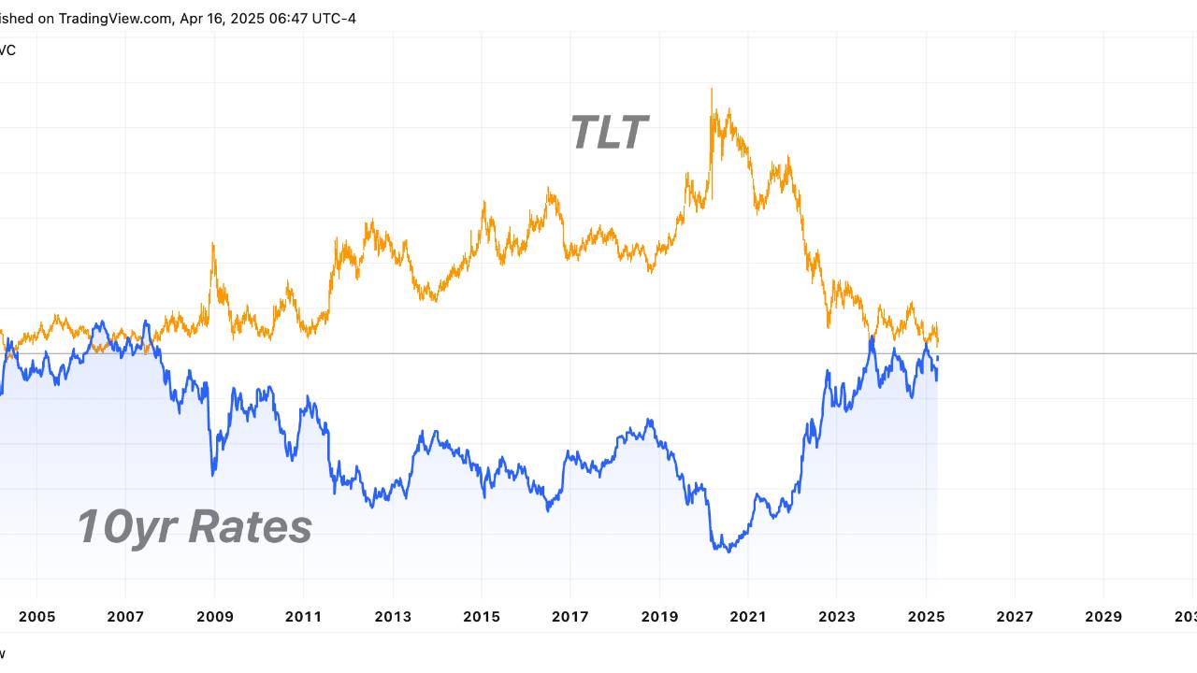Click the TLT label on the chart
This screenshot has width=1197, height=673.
pos(609,133)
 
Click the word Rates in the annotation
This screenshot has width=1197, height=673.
pos(250,527)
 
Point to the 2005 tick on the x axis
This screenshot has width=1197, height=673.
pos(36,617)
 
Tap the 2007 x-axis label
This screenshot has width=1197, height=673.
pos(125,617)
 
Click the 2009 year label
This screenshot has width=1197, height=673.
pos(214,617)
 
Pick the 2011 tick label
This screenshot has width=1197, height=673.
pos(303,617)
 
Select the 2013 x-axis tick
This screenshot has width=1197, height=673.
pos(392,617)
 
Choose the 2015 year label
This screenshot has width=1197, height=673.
pos(481,617)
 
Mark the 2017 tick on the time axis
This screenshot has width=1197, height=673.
pos(570,617)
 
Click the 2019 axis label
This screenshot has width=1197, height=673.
pos(658,617)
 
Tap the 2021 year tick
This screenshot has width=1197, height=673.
pos(747,617)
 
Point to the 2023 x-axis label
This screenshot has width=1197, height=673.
pos(836,617)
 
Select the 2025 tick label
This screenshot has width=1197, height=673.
pos(925,617)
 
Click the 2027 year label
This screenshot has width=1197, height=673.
pos(1015,617)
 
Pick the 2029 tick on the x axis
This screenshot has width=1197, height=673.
pos(1103,617)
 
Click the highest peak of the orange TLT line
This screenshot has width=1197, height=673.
pos(712,90)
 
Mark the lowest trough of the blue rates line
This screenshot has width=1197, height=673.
pos(728,551)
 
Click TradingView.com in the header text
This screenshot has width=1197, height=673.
pos(113,19)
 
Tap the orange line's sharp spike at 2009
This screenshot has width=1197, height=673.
pos(213,245)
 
